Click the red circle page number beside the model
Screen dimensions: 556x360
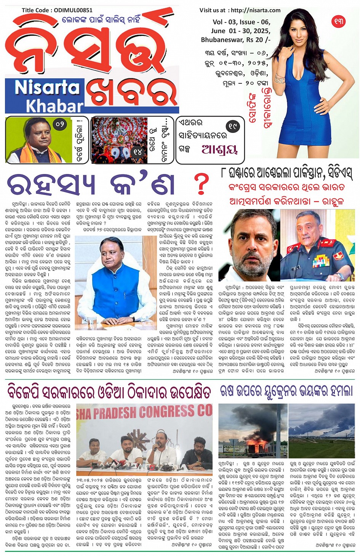(x=338, y=21)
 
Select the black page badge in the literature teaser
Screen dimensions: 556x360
(x=232, y=126)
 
